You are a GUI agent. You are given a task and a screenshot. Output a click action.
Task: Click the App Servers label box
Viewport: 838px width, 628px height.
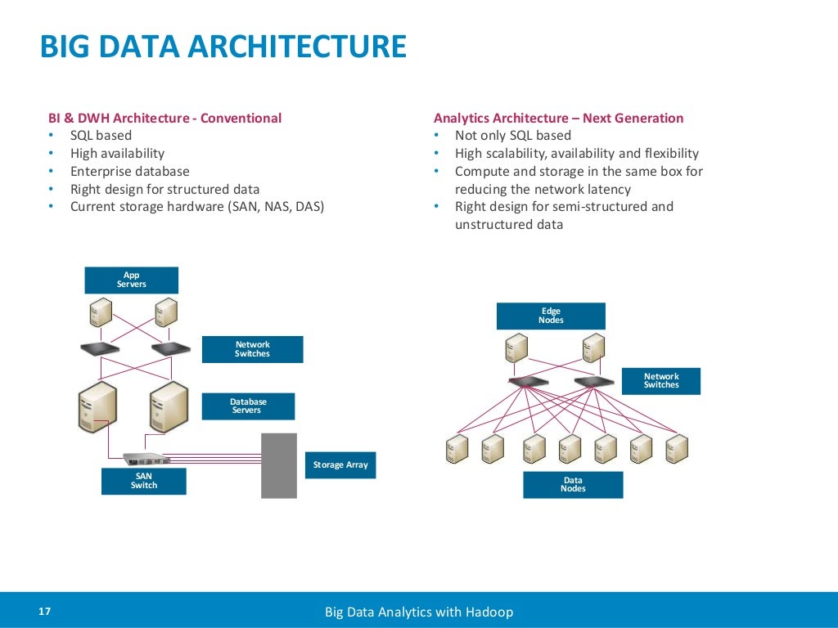[131, 280]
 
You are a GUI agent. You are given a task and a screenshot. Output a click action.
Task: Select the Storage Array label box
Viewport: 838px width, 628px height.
[340, 464]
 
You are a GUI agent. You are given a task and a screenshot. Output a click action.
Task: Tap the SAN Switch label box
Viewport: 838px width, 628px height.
[143, 481]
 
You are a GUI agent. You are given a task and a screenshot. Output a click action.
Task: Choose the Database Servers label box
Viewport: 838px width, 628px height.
[248, 406]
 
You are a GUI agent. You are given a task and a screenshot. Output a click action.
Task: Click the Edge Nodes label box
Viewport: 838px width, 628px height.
[551, 316]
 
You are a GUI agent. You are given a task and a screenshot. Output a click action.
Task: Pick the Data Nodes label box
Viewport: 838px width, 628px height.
[573, 485]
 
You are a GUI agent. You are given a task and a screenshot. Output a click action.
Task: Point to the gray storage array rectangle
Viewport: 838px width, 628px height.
[278, 465]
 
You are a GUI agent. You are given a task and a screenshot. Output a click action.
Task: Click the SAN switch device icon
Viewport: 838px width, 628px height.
[143, 458]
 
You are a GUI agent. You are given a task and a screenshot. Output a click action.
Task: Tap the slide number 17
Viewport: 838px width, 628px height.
[44, 612]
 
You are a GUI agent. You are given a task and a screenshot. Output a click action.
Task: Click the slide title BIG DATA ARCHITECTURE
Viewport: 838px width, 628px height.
[223, 46]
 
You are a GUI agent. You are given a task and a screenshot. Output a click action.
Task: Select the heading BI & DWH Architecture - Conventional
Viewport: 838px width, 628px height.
[164, 118]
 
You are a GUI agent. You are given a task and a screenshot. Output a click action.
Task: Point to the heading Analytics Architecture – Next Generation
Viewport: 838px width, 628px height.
[558, 118]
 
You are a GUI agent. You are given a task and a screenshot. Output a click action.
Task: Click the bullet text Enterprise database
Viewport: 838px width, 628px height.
[129, 172]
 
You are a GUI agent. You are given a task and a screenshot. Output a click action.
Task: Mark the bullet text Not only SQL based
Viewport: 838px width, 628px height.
[512, 136]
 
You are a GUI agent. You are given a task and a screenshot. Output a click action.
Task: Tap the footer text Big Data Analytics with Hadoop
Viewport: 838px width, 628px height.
[419, 612]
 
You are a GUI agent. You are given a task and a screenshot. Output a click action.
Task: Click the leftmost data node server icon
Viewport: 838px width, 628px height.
[457, 448]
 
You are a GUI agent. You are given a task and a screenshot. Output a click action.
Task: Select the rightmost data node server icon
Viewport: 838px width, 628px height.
[676, 448]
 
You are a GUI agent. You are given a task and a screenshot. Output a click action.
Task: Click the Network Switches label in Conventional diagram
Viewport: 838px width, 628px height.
[252, 349]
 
